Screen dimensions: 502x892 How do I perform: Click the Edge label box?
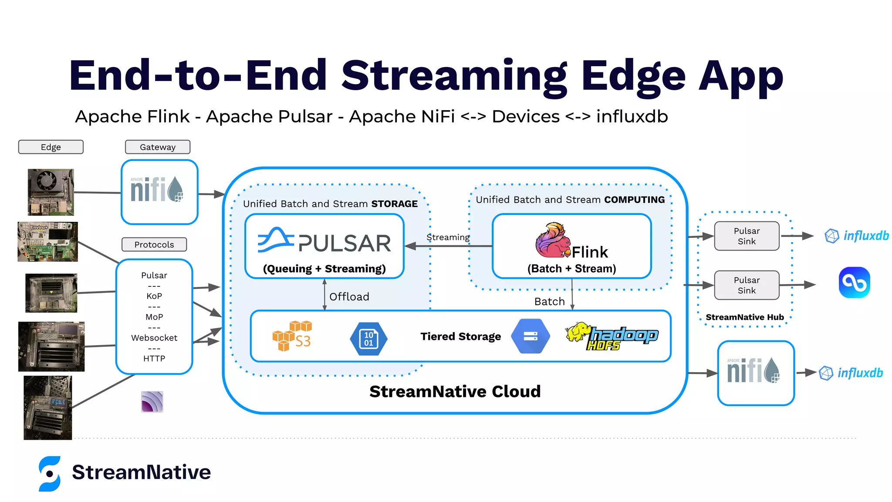[x=51, y=147]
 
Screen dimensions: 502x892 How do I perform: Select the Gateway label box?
[x=158, y=147]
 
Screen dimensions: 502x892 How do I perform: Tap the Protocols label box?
[x=154, y=244]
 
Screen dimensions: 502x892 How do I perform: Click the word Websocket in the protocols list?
[x=154, y=338]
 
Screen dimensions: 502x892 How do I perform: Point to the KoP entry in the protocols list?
[x=154, y=296]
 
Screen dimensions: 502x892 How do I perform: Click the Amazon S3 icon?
[x=292, y=336]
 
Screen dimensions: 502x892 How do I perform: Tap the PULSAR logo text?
[x=344, y=243]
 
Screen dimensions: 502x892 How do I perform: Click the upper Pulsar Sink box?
[x=747, y=236]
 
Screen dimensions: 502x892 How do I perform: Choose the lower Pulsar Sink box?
[x=747, y=285]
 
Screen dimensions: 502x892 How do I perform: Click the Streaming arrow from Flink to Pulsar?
[x=449, y=246]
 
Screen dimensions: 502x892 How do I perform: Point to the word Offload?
[x=349, y=297]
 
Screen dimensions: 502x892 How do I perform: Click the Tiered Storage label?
[x=460, y=336]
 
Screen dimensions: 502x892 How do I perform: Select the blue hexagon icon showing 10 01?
[x=368, y=339]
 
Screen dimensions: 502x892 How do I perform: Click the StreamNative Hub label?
[x=744, y=317]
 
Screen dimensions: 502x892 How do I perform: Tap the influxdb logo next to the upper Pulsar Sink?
[x=857, y=236]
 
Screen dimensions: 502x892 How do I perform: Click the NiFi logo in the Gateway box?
[x=157, y=190]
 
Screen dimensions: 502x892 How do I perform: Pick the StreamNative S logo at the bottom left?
[x=50, y=473]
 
